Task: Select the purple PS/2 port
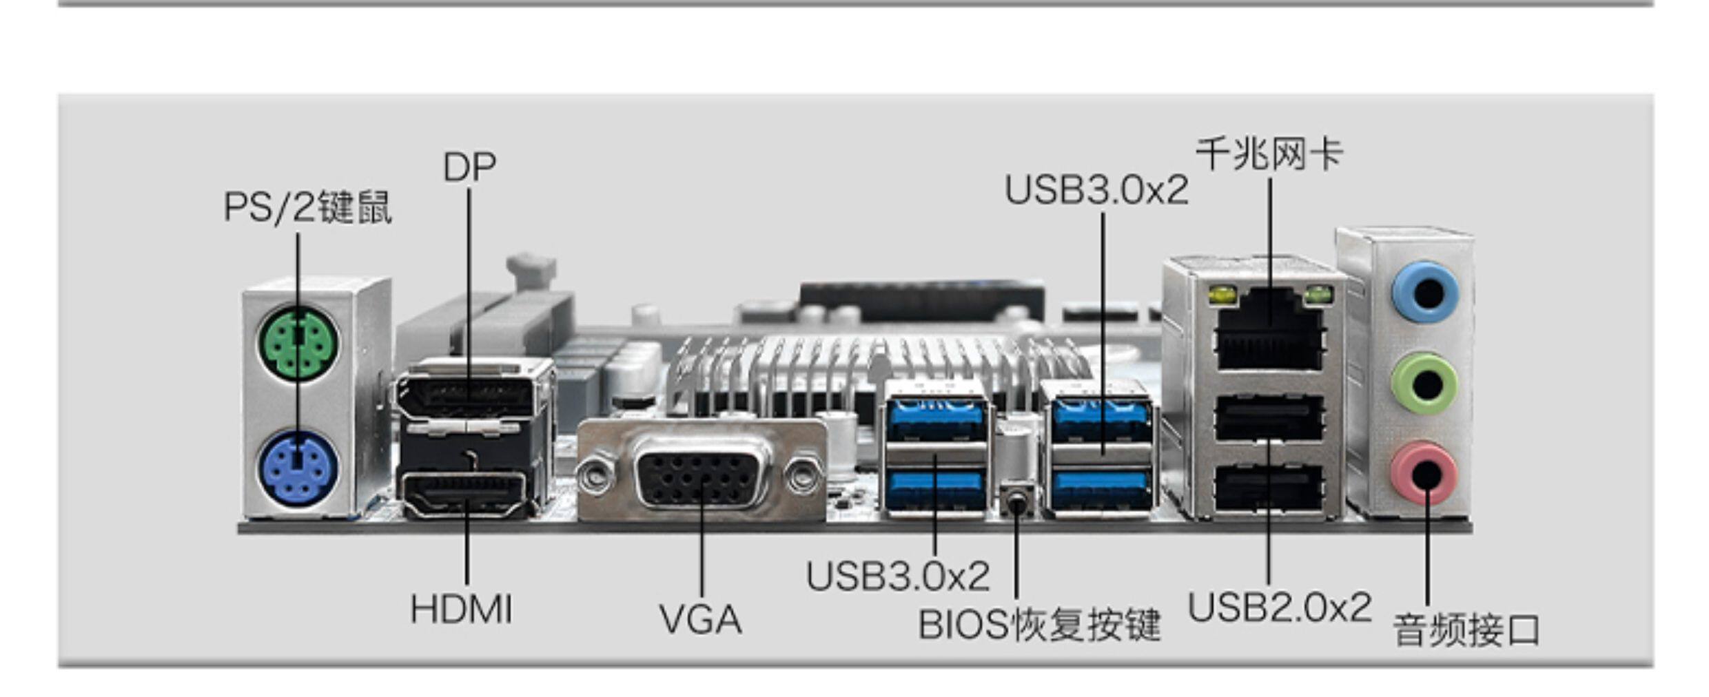click(x=298, y=468)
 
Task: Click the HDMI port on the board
click(x=466, y=493)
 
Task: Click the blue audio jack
click(x=1425, y=292)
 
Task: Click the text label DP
click(x=469, y=167)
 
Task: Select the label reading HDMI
click(x=461, y=610)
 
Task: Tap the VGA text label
click(x=700, y=619)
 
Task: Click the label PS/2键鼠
click(x=307, y=207)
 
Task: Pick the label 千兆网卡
click(x=1269, y=154)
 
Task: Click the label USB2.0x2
click(x=1280, y=607)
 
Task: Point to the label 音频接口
click(x=1466, y=630)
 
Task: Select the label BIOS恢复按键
click(x=1039, y=625)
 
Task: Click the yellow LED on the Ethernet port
click(x=1222, y=296)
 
